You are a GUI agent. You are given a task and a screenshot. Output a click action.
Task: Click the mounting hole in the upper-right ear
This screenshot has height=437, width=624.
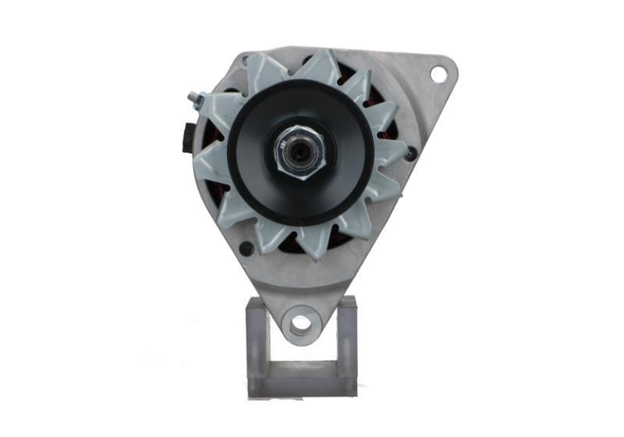[x=438, y=74]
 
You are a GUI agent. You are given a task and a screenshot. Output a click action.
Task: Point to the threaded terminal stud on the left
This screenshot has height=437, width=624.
[x=195, y=100]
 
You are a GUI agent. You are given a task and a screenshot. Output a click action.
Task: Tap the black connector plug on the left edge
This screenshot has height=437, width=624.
[x=187, y=136]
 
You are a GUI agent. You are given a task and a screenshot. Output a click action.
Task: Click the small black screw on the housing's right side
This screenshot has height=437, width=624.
[x=410, y=154]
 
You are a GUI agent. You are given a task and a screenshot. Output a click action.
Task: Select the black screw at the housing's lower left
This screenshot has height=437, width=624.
[x=246, y=248]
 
